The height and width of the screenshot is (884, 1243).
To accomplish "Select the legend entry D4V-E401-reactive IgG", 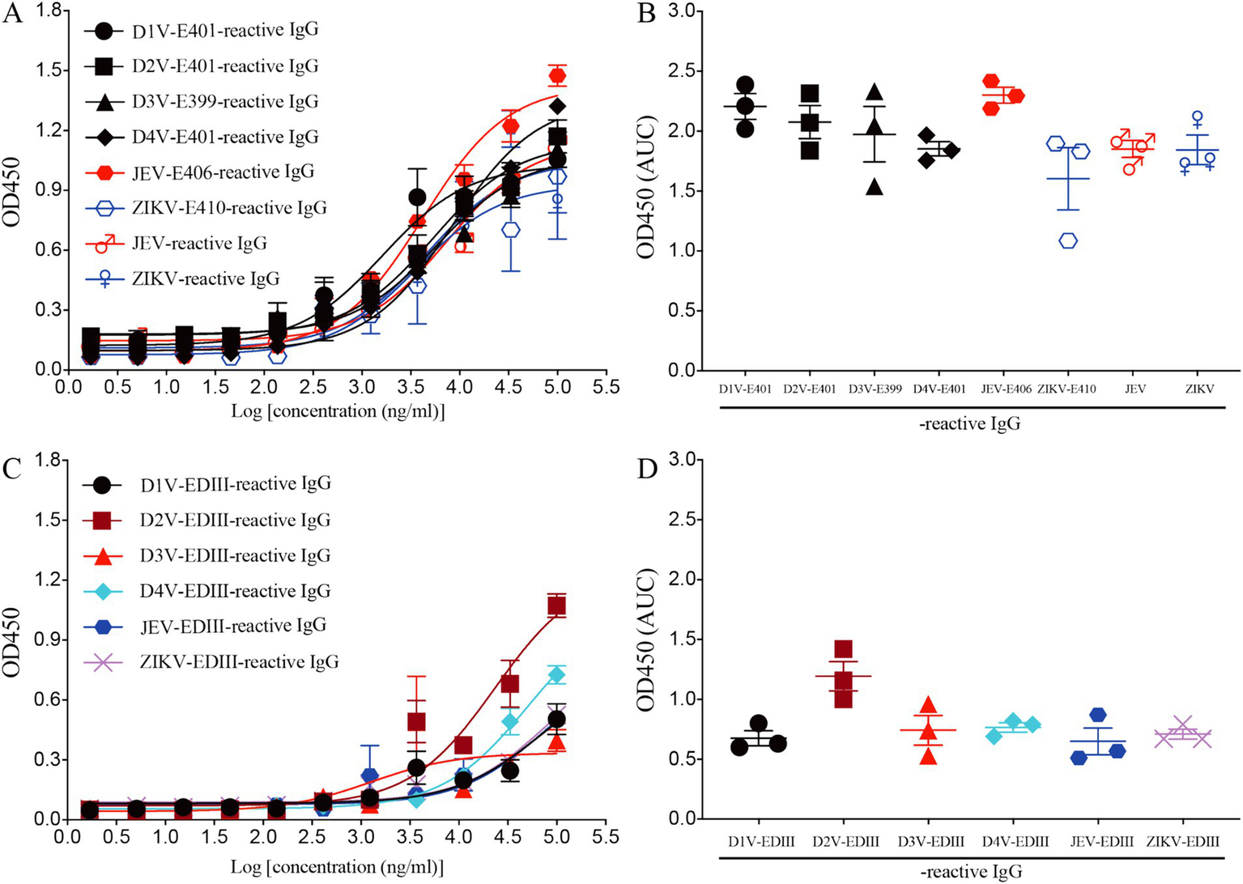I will [225, 137].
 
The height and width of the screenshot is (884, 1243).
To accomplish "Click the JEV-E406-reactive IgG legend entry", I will [223, 172].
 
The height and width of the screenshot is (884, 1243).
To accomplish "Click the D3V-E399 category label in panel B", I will [875, 389].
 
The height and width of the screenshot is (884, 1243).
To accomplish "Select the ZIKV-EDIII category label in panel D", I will [1182, 843].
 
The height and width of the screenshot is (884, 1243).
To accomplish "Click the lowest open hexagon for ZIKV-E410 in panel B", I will [1068, 240].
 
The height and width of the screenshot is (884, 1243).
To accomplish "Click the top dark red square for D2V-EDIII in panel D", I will [844, 649].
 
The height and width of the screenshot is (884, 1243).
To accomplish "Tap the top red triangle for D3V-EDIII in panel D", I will [929, 705].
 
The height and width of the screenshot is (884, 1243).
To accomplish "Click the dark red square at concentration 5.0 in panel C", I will [556, 606].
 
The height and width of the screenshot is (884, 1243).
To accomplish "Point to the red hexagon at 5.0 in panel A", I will [557, 76].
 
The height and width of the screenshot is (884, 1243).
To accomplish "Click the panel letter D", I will [647, 470].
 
